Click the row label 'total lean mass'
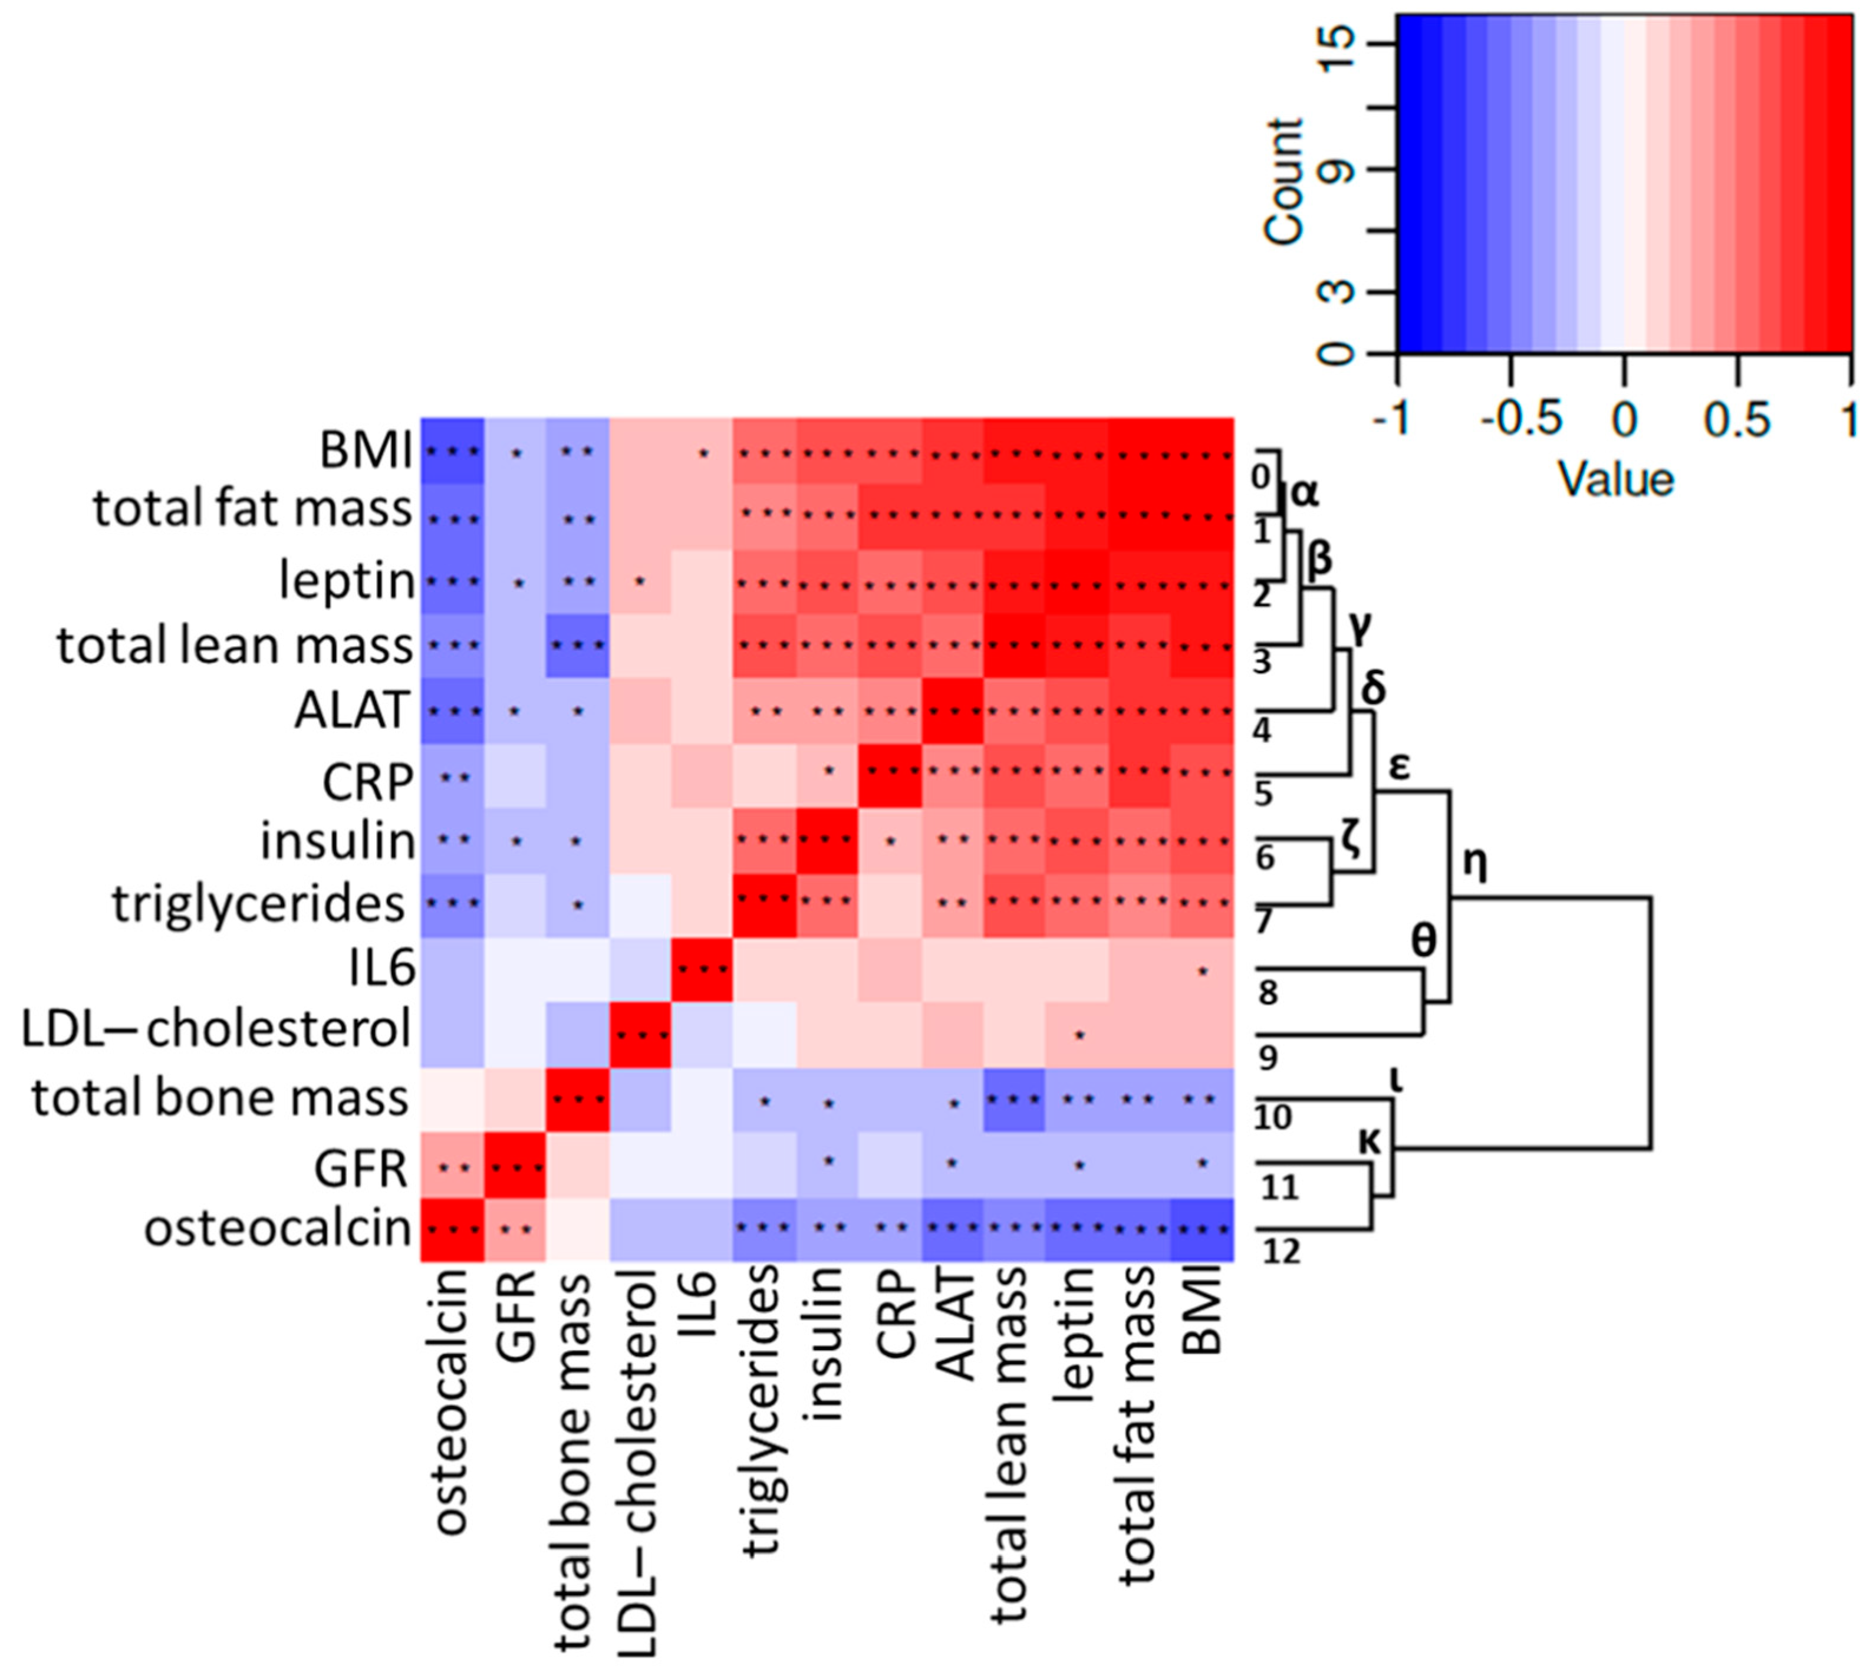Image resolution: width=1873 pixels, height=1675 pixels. [235, 646]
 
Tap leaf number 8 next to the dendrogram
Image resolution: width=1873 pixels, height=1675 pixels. [1268, 993]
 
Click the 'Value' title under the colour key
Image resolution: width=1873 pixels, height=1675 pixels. [1615, 481]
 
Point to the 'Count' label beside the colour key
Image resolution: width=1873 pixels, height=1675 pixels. [1284, 182]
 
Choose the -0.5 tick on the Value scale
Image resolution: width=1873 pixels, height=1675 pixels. [1520, 420]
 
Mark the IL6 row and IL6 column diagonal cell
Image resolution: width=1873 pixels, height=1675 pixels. [702, 969]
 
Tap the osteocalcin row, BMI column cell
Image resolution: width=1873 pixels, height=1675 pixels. [1201, 1229]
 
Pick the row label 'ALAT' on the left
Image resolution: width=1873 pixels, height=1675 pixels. [351, 710]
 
